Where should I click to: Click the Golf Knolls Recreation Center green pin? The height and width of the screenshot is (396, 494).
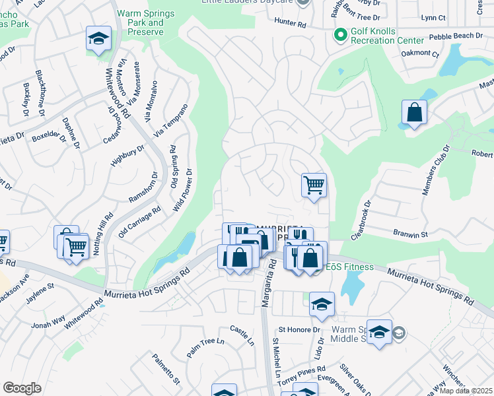pos(341,34)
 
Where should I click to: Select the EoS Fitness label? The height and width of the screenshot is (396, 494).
pos(349,267)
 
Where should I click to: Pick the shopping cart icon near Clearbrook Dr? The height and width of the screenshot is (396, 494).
pos(314,185)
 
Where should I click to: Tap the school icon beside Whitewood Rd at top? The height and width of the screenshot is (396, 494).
pos(98,40)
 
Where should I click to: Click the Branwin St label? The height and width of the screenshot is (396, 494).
pos(411,234)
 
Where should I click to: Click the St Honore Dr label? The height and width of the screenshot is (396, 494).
pos(299,329)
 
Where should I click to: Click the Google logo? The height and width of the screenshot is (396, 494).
pos(22,387)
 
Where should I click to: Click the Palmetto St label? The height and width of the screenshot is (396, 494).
pos(166,368)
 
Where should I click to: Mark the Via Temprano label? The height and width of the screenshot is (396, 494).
pos(172,119)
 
